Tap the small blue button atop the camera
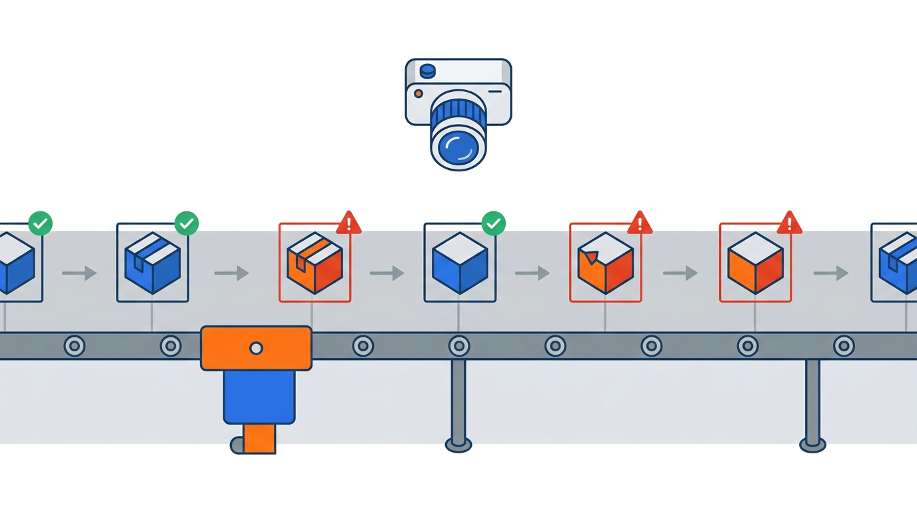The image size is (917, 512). pos(427,69)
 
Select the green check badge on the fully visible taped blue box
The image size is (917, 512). pos(187,224)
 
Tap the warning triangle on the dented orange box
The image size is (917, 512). pos(640,223)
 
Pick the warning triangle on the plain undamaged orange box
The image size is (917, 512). pos(790,223)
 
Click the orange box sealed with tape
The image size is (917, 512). pos(315,263)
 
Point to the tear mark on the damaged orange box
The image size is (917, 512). pos(587,255)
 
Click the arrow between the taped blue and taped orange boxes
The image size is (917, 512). pos(231,273)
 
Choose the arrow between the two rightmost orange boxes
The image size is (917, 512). pos(680,273)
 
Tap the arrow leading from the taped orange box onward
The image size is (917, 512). pos(387,273)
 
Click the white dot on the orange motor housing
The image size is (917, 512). pos(256,347)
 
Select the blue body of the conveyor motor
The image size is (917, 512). pos(259,397)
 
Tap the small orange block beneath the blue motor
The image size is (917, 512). pos(259,438)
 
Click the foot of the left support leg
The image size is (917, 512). pos(458,443)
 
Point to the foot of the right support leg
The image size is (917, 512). pos(812,443)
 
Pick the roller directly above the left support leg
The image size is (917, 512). pos(458,346)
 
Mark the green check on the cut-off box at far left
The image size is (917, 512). pos(41,224)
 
